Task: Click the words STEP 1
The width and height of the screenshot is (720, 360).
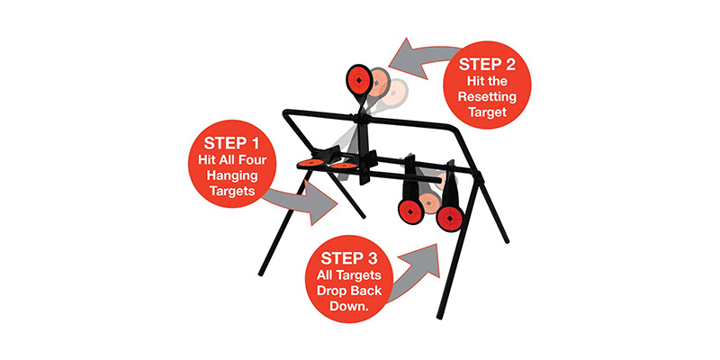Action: tap(231, 142)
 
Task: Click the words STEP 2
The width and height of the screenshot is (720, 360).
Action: tap(487, 64)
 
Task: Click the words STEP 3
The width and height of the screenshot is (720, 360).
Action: tap(349, 258)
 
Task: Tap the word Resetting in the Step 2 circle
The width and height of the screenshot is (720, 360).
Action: tap(487, 97)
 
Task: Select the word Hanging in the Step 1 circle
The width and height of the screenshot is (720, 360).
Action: tap(231, 175)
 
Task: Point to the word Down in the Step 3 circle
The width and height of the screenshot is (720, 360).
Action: tap(349, 306)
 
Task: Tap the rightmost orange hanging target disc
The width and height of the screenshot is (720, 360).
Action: tap(449, 218)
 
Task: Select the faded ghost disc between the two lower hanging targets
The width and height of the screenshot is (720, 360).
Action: tap(429, 202)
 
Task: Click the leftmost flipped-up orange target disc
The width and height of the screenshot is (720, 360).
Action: tap(310, 164)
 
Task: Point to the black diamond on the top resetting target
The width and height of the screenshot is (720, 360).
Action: tap(358, 80)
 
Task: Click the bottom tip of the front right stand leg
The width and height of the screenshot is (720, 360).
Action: tap(439, 318)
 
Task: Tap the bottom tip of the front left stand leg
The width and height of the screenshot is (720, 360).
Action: tap(261, 274)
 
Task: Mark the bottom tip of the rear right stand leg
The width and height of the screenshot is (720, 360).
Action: tap(507, 240)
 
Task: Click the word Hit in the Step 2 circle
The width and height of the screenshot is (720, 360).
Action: tap(477, 82)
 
